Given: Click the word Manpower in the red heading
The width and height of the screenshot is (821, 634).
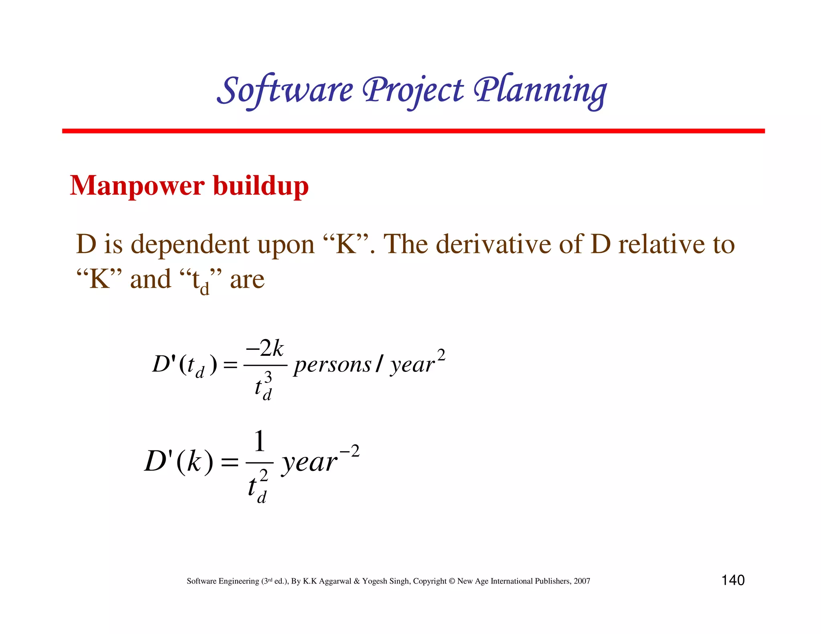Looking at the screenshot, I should (137, 186).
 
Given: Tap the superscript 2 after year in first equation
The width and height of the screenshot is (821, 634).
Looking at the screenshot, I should (441, 355).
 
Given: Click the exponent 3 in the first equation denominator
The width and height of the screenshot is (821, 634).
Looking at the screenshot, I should (268, 377).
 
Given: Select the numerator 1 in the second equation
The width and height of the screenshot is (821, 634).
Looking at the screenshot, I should (259, 441).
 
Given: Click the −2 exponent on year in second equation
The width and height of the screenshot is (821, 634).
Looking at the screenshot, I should (350, 452).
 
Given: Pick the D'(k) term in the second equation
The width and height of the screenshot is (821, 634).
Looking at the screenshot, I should (179, 462).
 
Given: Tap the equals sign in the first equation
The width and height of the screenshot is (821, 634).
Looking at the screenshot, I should (230, 365).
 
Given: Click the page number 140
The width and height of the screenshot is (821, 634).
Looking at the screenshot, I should (733, 580).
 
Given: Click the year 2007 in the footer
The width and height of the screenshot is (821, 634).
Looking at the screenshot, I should (582, 581).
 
